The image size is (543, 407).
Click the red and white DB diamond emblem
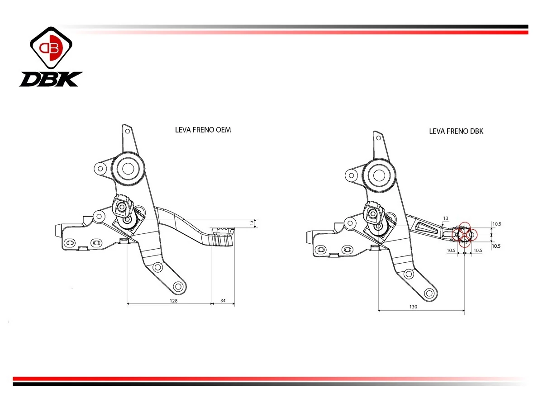[x=51, y=47]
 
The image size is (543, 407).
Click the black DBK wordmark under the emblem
[x=51, y=79]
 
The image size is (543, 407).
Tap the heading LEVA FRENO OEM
[x=203, y=130]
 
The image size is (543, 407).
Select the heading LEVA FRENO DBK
[x=456, y=131]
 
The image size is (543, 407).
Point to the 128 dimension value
[x=173, y=301]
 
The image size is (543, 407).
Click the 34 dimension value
[x=223, y=300]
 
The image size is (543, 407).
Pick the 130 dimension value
[x=413, y=307]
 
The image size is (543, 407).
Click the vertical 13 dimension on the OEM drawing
[x=252, y=222]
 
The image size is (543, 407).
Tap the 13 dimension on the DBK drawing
[x=446, y=218]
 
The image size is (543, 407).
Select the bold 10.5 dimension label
[x=496, y=246]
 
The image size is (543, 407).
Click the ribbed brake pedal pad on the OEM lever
[x=223, y=237]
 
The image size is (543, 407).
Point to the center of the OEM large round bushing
[x=128, y=169]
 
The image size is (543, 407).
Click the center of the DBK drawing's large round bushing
[x=379, y=175]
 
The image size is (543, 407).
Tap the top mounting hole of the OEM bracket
[x=128, y=131]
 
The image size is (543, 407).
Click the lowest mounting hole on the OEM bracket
[x=178, y=287]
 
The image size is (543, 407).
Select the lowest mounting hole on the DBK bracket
[x=429, y=293]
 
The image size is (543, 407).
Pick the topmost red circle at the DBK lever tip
[x=464, y=227]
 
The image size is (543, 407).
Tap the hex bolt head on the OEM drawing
[x=121, y=207]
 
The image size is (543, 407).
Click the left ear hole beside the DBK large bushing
[x=351, y=176]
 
